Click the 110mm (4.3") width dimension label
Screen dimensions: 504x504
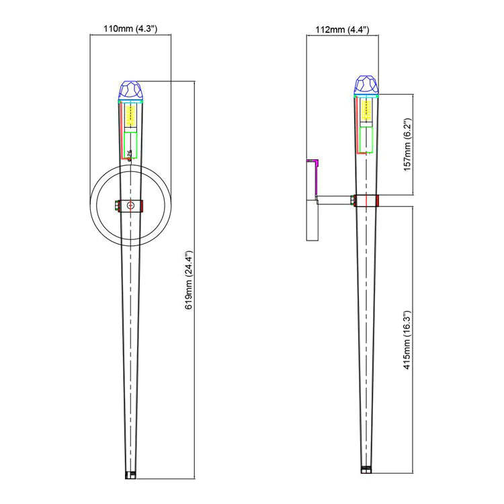pyautogui.click(x=130, y=30)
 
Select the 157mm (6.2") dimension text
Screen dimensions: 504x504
pyautogui.click(x=407, y=144)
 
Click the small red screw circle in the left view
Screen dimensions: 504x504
pyautogui.click(x=131, y=204)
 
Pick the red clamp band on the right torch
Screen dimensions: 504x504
pyautogui.click(x=366, y=200)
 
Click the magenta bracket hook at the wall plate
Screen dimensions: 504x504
pyautogui.click(x=313, y=163)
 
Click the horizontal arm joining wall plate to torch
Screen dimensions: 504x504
pyautogui.click(x=335, y=200)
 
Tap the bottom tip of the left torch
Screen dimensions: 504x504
pyautogui.click(x=131, y=474)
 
